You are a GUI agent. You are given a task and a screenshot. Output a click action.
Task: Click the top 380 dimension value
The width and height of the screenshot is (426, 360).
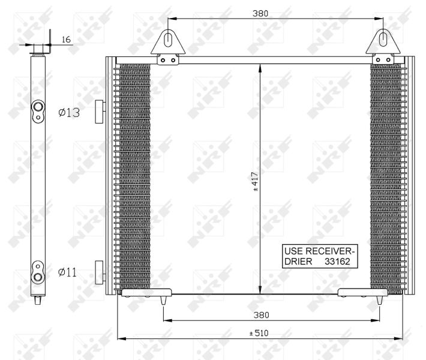click(x=260, y=13)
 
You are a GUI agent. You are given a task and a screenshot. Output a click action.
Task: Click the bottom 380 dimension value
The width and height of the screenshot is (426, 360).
click(x=261, y=315)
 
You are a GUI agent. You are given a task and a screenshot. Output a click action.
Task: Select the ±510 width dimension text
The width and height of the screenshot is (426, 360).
click(x=259, y=333)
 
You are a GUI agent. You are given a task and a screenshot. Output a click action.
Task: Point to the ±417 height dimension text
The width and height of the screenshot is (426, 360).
click(x=256, y=181)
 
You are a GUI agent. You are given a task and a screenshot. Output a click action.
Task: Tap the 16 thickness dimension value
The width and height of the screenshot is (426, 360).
click(x=66, y=40)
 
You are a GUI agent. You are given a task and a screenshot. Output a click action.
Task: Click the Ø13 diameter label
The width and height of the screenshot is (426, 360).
click(x=69, y=112)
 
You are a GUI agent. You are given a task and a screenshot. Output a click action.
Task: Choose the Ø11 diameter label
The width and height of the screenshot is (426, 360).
click(x=67, y=272)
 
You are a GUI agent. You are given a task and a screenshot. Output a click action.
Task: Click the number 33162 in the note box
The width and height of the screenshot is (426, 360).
click(x=337, y=262)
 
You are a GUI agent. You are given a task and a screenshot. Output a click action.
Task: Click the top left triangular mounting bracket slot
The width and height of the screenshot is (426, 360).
click(x=168, y=40)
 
